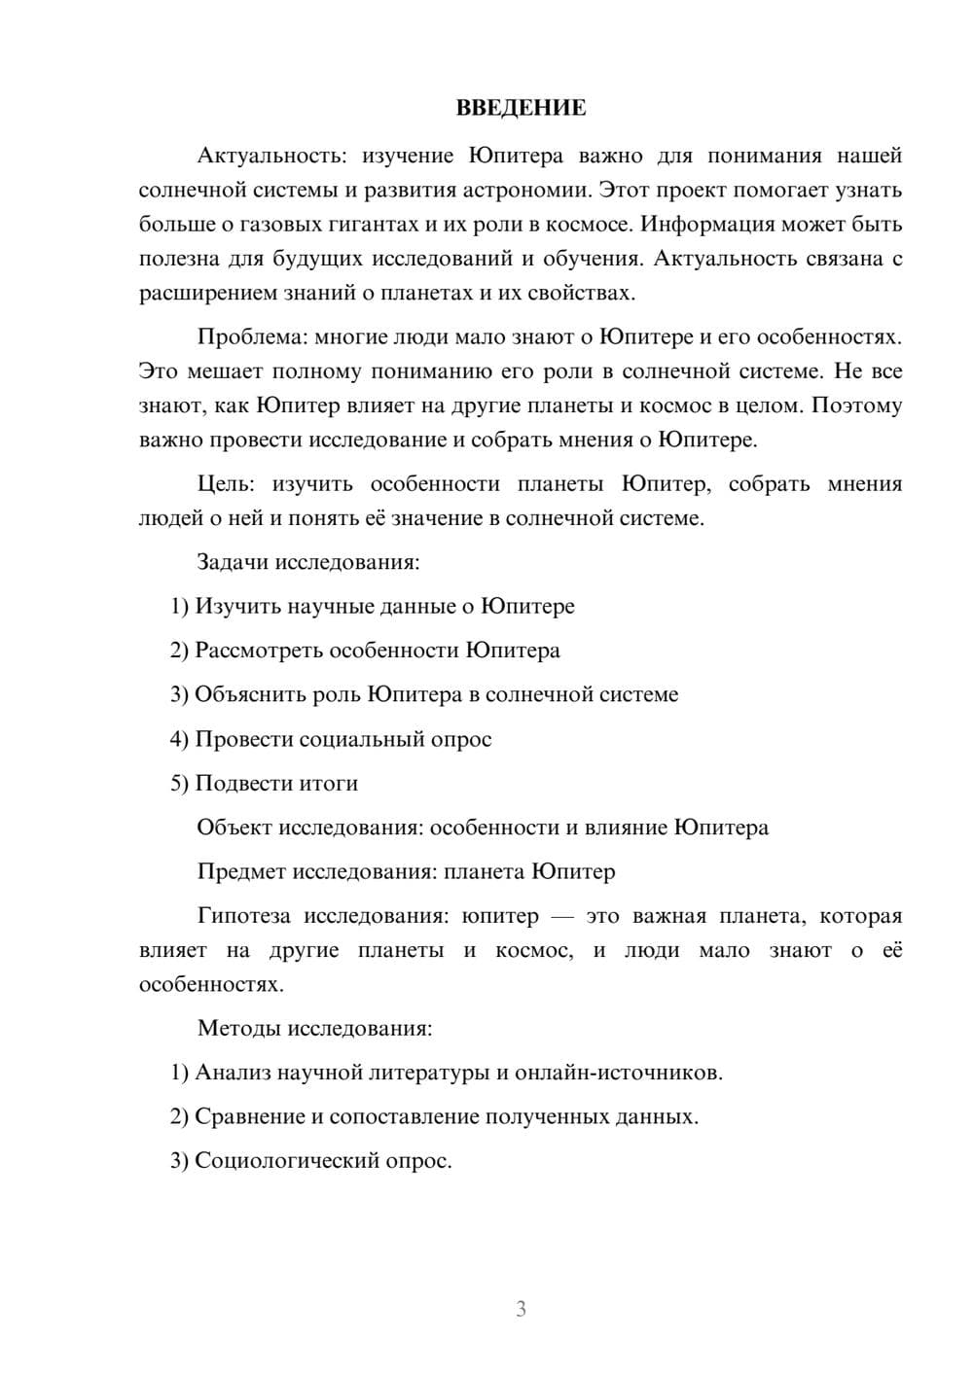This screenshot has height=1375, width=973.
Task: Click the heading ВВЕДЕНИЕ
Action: [x=521, y=108]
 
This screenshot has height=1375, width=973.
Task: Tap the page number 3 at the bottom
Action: [x=521, y=1309]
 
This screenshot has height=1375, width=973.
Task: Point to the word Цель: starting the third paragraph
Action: [x=225, y=483]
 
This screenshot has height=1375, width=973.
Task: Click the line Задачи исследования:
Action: [x=308, y=562]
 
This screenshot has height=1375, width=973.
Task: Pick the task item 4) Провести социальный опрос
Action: [x=331, y=739]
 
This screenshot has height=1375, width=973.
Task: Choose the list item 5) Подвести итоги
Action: [x=265, y=783]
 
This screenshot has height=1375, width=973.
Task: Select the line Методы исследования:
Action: [x=314, y=1028]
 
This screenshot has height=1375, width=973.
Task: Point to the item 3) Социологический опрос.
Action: [x=311, y=1161]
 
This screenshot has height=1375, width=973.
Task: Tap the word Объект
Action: [x=234, y=828]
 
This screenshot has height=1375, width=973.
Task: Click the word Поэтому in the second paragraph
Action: [x=856, y=405]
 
